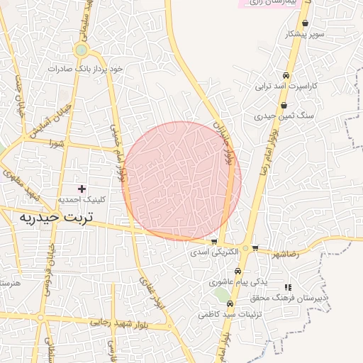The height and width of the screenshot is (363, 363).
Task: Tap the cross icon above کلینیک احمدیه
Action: [x=82, y=189]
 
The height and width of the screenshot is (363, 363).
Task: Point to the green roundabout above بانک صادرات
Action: [x=82, y=51]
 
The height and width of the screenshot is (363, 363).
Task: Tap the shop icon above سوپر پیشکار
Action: [x=306, y=23]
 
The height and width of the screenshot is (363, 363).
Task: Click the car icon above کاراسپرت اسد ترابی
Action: [x=285, y=76]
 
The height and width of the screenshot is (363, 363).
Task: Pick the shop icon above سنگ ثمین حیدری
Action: [x=284, y=106]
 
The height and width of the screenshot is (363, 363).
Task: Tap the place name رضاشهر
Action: [x=284, y=253]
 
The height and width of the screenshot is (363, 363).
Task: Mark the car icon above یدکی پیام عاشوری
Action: [x=238, y=272]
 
